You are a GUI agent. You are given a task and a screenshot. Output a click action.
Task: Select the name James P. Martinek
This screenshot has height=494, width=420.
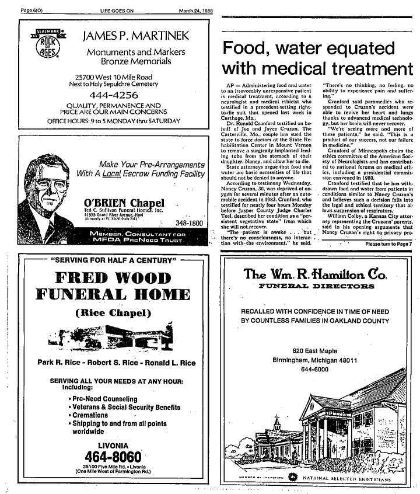[x=136, y=36]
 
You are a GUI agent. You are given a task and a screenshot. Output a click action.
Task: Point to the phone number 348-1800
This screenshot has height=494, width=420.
[x=189, y=223]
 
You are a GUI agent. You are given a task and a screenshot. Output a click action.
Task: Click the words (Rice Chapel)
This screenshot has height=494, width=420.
[x=114, y=312]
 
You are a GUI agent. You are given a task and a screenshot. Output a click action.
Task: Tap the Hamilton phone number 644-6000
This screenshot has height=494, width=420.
[x=314, y=368]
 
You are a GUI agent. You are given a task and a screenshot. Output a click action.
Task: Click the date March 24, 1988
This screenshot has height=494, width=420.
[x=198, y=9]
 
